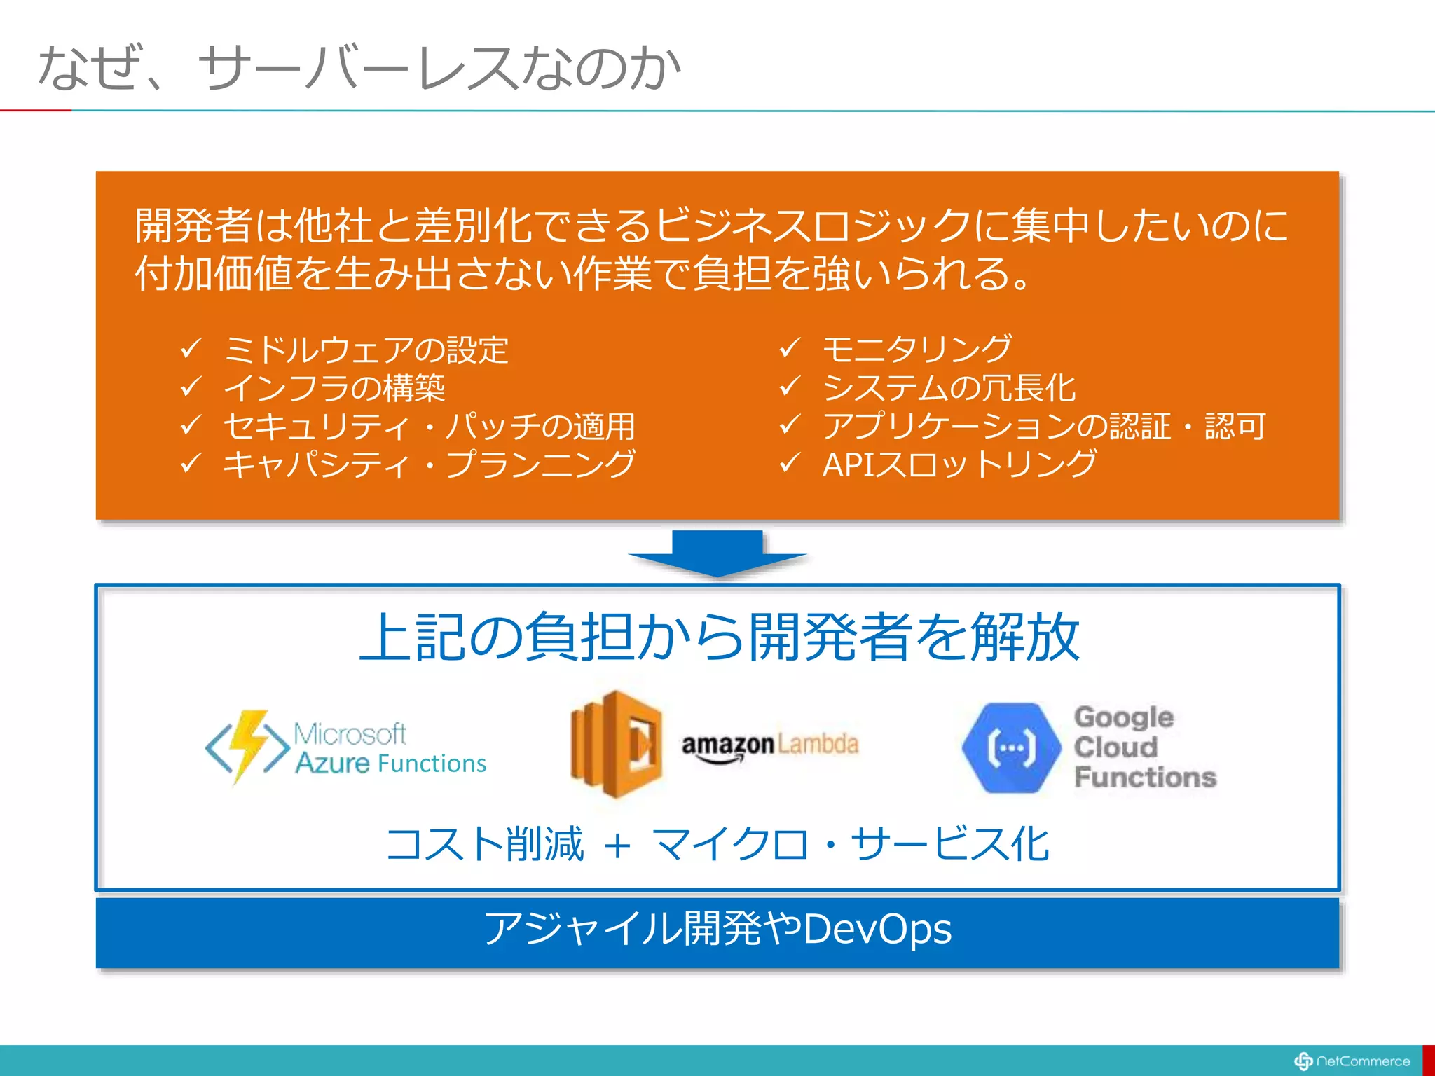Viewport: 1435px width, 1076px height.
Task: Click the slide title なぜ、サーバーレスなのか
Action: [359, 68]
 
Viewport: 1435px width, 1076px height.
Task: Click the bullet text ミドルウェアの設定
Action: [366, 350]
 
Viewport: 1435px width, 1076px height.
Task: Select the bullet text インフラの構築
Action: [334, 388]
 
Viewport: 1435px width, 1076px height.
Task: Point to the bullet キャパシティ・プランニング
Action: [429, 464]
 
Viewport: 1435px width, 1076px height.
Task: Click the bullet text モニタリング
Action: [916, 349]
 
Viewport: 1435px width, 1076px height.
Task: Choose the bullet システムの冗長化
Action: [949, 388]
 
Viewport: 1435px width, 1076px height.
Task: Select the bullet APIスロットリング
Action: [959, 464]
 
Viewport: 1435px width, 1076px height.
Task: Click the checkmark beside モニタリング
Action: [790, 347]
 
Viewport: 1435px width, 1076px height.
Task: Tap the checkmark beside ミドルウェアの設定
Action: [191, 348]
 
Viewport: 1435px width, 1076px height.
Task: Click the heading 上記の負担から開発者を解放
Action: [719, 637]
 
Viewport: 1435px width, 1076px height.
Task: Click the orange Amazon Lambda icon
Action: [617, 744]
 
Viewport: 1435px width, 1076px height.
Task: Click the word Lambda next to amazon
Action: [818, 744]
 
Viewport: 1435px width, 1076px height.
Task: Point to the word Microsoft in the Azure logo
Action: [349, 733]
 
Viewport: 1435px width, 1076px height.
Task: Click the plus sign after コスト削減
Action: [617, 846]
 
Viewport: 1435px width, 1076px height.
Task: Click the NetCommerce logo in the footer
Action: [1352, 1061]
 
